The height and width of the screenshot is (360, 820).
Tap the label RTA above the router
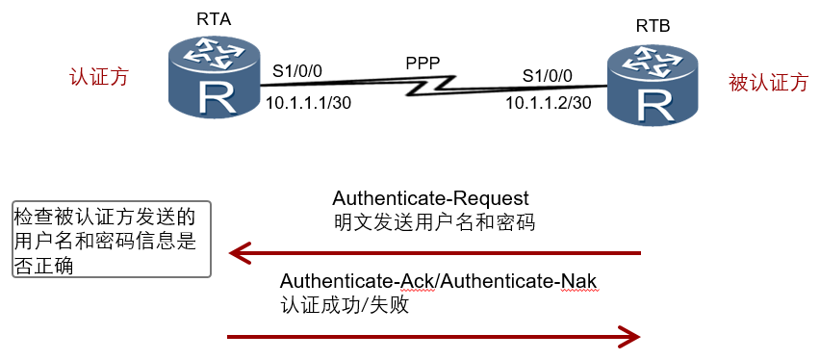point(214,19)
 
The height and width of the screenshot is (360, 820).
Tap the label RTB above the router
point(653,26)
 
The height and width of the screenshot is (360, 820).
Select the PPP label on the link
point(423,64)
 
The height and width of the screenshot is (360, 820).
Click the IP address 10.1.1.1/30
point(308,103)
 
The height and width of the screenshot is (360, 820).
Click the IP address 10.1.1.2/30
point(548,103)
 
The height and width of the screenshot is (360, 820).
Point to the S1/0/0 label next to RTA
point(297,71)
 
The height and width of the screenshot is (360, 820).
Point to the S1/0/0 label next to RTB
point(548,76)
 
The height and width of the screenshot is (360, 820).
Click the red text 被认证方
point(768,83)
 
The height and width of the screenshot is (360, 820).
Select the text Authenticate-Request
point(430,199)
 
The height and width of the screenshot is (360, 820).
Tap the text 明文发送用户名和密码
point(434,222)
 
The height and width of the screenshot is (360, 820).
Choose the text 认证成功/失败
point(345,305)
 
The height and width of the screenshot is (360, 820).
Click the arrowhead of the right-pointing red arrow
point(629,337)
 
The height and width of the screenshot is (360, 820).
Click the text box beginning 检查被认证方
point(112,239)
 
